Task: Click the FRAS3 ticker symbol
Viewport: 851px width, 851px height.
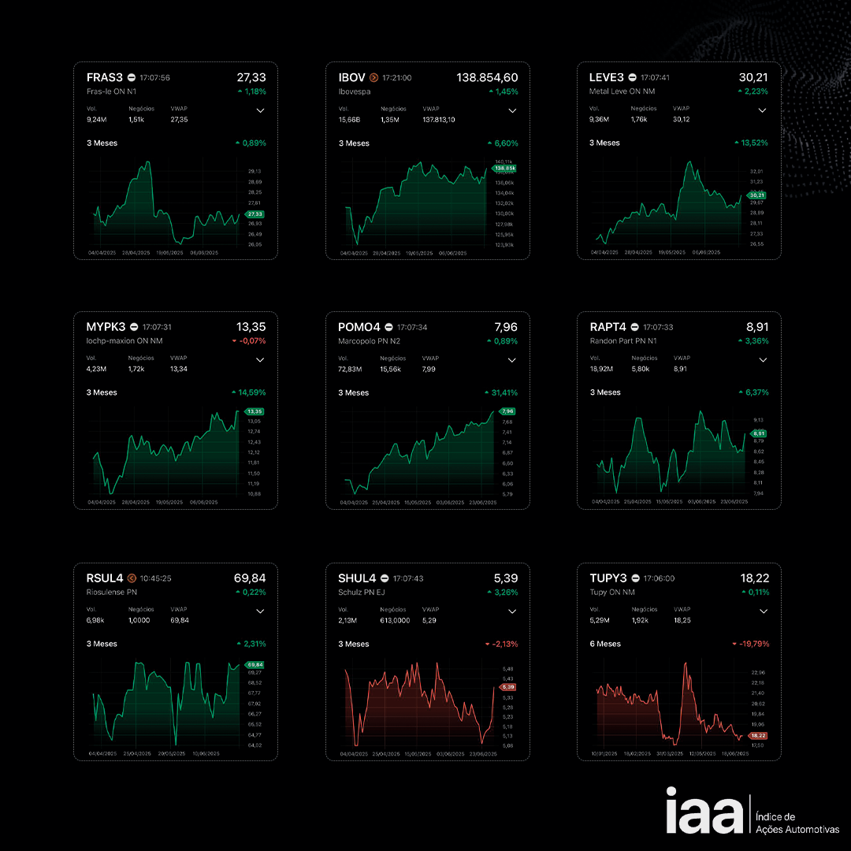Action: [105, 77]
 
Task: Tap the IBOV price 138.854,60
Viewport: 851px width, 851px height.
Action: [487, 77]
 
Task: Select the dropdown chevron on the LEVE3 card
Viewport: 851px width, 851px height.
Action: [762, 110]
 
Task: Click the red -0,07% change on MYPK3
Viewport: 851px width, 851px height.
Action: [250, 341]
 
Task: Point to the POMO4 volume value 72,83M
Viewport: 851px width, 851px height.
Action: [350, 369]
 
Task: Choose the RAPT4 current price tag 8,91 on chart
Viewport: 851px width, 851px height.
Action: [759, 433]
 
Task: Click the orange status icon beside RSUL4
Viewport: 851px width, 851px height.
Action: [132, 578]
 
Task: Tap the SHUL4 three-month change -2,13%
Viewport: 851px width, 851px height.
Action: [502, 644]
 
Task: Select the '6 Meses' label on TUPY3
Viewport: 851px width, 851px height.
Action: [605, 644]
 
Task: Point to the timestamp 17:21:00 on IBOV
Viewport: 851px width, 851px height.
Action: [396, 78]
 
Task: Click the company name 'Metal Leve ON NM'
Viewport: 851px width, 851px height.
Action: [622, 91]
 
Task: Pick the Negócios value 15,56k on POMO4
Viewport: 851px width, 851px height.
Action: [391, 369]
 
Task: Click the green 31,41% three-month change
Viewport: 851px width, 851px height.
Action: [502, 392]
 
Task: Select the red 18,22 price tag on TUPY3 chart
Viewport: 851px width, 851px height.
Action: [757, 735]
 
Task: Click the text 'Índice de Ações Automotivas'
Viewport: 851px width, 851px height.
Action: [797, 823]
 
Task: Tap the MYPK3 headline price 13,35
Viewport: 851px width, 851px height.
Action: [251, 327]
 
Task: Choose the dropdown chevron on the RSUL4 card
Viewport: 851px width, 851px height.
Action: [260, 611]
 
